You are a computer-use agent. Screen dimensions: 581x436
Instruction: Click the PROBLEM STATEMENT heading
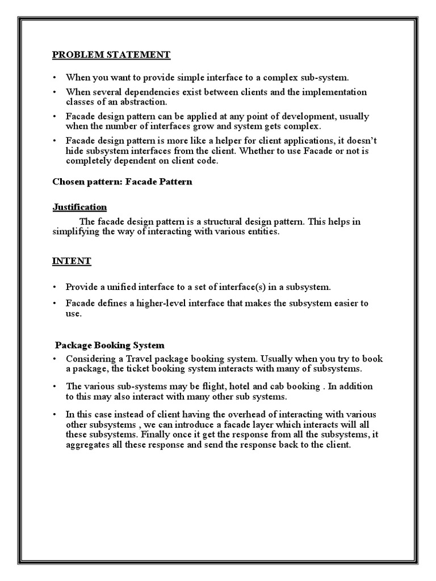(x=111, y=55)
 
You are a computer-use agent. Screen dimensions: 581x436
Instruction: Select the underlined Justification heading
(x=79, y=207)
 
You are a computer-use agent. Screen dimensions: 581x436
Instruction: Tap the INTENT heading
(x=72, y=261)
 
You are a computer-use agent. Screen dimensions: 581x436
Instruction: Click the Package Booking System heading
(x=110, y=345)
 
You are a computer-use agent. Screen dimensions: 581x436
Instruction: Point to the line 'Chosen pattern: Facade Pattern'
(x=122, y=182)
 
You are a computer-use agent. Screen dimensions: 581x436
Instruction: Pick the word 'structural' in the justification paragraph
(x=240, y=222)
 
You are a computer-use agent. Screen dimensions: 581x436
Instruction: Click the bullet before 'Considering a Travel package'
(x=54, y=360)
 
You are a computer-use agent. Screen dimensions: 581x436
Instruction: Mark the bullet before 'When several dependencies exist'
(x=54, y=92)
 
